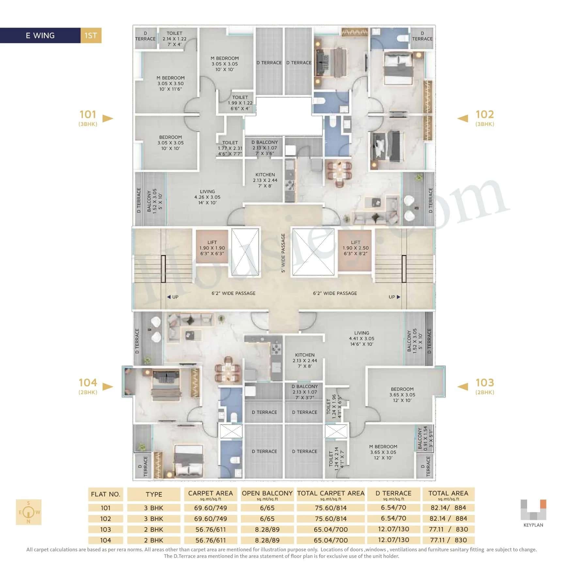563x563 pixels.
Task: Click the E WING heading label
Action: point(40,36)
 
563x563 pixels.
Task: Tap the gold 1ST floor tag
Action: point(91,36)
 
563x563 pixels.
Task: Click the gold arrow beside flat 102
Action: point(462,118)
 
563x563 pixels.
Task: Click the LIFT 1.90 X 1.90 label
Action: point(212,248)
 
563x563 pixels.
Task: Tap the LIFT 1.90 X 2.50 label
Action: point(355,248)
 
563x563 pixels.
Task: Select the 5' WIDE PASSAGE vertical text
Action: point(283,253)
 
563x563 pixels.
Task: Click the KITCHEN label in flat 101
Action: point(265,180)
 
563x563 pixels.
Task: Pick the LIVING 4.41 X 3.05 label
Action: point(361,338)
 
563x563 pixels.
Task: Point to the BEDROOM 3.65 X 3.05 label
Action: point(402,395)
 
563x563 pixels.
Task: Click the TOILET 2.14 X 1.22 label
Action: point(174,39)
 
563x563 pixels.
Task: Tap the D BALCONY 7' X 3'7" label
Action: point(305,392)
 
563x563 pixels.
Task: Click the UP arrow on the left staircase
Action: point(173,297)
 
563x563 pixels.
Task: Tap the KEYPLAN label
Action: point(533,525)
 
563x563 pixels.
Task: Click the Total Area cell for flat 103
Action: point(448,529)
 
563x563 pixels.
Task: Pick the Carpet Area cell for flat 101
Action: point(211,508)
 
